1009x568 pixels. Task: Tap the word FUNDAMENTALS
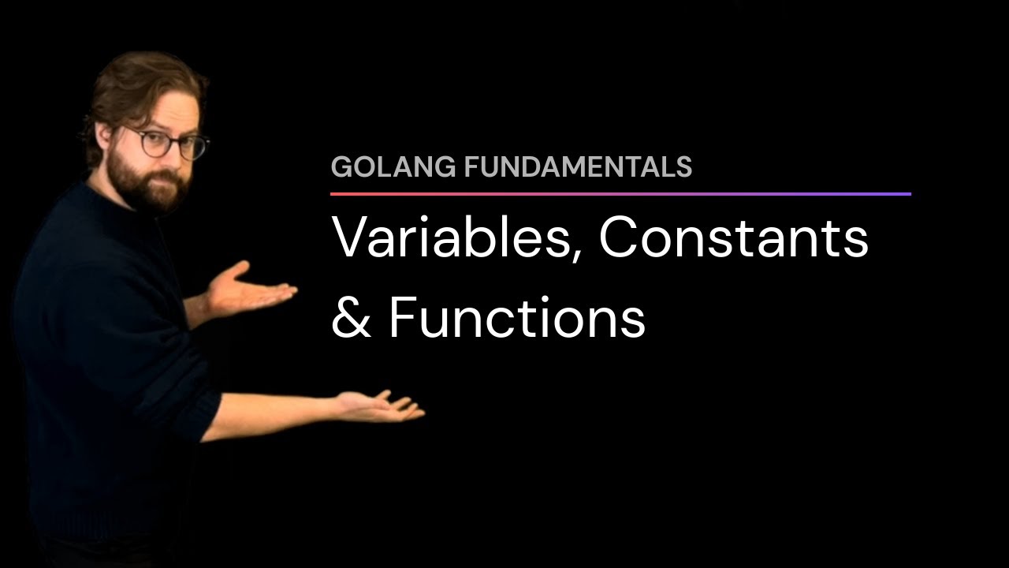[x=578, y=167]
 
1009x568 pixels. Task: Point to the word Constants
[x=733, y=237]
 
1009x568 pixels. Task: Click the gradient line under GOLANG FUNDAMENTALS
[x=620, y=193]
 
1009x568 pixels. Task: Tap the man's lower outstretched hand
[x=382, y=405]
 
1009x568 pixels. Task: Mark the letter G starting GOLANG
[x=341, y=167]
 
